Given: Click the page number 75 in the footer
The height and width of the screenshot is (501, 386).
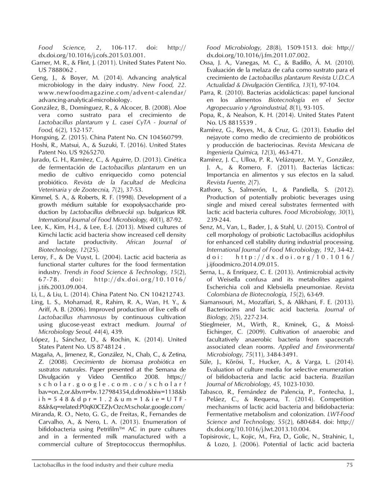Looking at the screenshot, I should (349, 465).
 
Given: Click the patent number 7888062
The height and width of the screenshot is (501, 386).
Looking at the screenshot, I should (58, 70).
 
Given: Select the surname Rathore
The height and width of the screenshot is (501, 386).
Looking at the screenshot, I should (211, 190).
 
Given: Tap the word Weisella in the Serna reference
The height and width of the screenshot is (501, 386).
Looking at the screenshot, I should (225, 279).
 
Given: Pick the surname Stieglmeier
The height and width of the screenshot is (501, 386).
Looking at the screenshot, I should (216, 324).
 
